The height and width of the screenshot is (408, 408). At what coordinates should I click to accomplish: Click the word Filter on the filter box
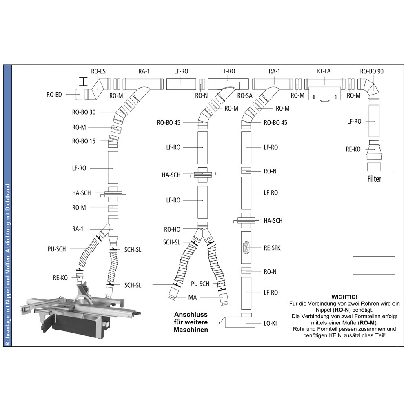(374, 179)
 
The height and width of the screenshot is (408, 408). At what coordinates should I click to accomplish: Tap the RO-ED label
(54, 95)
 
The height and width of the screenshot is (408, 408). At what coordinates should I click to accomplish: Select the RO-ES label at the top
(98, 71)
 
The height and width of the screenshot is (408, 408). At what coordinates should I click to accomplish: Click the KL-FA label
(324, 71)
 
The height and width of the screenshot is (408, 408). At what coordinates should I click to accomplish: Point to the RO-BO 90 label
(372, 71)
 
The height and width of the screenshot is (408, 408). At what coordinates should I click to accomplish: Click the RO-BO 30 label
(84, 113)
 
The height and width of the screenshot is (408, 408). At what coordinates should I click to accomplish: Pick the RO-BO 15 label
(84, 141)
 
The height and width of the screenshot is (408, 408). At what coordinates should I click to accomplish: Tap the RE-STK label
(272, 248)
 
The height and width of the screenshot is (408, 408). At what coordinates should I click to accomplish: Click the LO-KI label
(270, 324)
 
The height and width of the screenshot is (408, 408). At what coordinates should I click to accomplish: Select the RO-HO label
(172, 229)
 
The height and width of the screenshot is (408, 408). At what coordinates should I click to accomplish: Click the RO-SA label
(245, 96)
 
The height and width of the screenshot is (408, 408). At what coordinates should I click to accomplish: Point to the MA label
(193, 297)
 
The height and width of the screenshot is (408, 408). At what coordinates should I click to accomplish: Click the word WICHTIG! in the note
(344, 297)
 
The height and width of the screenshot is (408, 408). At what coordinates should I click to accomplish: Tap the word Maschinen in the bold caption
(191, 330)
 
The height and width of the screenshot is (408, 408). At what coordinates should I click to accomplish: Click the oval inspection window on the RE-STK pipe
(246, 247)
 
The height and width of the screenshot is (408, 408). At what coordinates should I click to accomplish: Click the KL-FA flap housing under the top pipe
(324, 94)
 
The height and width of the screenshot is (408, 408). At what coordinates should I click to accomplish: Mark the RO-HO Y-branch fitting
(203, 232)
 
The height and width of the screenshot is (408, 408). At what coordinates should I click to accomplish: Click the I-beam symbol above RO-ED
(83, 82)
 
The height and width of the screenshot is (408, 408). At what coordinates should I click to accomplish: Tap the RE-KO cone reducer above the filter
(374, 150)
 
